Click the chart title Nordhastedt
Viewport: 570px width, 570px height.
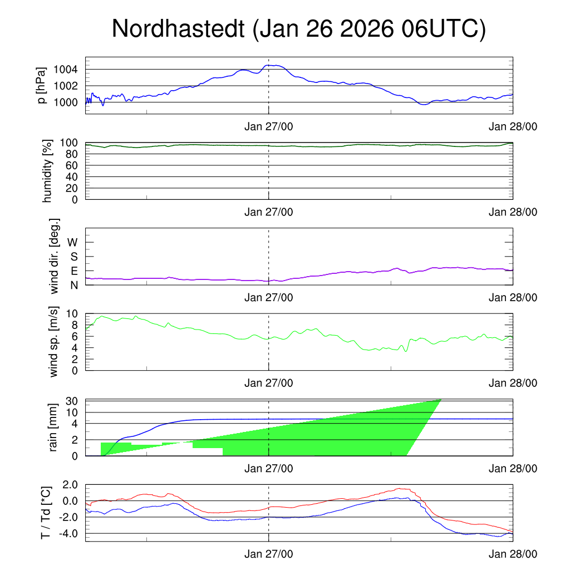pyautogui.click(x=298, y=29)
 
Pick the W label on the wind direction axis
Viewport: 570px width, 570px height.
pyautogui.click(x=73, y=243)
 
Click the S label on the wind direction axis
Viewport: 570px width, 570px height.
pyautogui.click(x=74, y=257)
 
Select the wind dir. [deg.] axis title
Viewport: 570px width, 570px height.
pyautogui.click(x=55, y=256)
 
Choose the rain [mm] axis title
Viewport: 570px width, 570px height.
pyautogui.click(x=54, y=427)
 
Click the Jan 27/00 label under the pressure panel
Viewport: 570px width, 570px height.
pyautogui.click(x=269, y=126)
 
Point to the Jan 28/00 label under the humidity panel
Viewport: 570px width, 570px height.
pyautogui.click(x=513, y=212)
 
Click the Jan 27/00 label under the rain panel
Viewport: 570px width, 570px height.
pyautogui.click(x=269, y=469)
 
